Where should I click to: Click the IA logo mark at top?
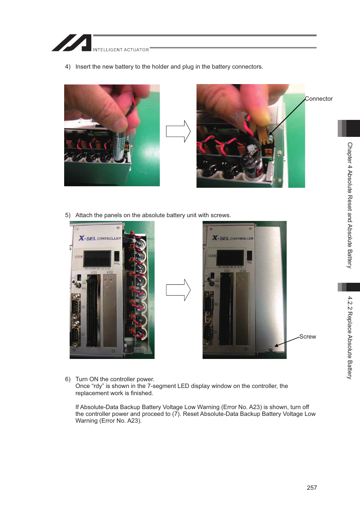point(72,43)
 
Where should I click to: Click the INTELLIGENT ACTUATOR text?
point(121,50)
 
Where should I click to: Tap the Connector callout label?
point(318,99)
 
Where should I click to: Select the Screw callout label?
point(308,337)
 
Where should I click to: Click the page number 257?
point(312,488)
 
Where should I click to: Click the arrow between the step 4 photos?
point(178,131)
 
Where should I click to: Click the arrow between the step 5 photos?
point(178,290)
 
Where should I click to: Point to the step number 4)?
point(68,67)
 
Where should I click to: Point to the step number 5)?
point(68,215)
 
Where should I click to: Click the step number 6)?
point(68,379)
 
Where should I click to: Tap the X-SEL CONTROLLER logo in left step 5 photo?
point(100,238)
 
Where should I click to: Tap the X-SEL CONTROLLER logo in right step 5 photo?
point(232,238)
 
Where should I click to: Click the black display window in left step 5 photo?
point(97,259)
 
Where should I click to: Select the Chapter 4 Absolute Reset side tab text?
point(350,205)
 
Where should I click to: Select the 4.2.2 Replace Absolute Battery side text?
point(350,337)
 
